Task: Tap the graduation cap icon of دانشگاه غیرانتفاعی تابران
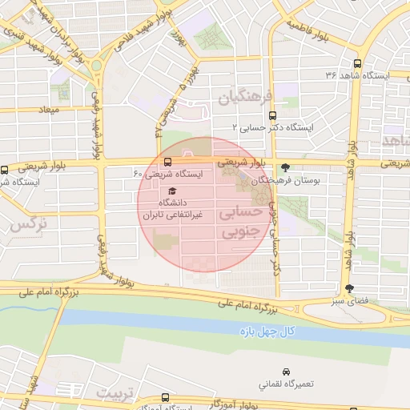[171, 191]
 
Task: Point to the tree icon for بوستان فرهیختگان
[286, 168]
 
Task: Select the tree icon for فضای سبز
[348, 289]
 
